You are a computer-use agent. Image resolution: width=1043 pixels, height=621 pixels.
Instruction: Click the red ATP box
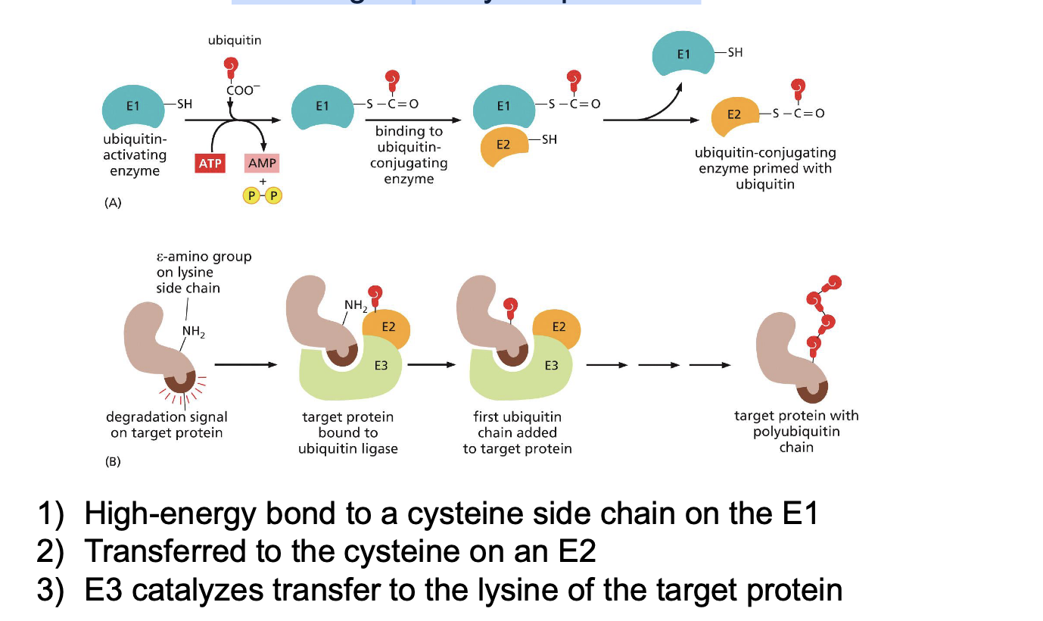point(207,164)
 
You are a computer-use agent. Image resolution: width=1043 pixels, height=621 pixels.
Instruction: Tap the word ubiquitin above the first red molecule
point(235,40)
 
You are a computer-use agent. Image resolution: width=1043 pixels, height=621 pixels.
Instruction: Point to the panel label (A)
point(113,202)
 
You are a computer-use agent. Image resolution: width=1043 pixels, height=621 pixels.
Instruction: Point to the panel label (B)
point(113,461)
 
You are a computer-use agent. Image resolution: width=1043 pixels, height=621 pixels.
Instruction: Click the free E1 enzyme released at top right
point(684,55)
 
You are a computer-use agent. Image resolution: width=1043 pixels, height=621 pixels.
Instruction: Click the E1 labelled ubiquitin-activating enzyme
point(133,107)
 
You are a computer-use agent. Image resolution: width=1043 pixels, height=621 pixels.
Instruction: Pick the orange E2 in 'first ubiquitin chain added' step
point(557,328)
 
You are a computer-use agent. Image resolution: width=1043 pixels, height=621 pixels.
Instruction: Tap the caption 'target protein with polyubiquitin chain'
point(796,432)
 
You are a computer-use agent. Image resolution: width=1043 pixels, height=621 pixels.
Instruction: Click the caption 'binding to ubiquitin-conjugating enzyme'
point(409,155)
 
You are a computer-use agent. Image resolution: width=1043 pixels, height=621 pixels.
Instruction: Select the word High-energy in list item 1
point(168,514)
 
